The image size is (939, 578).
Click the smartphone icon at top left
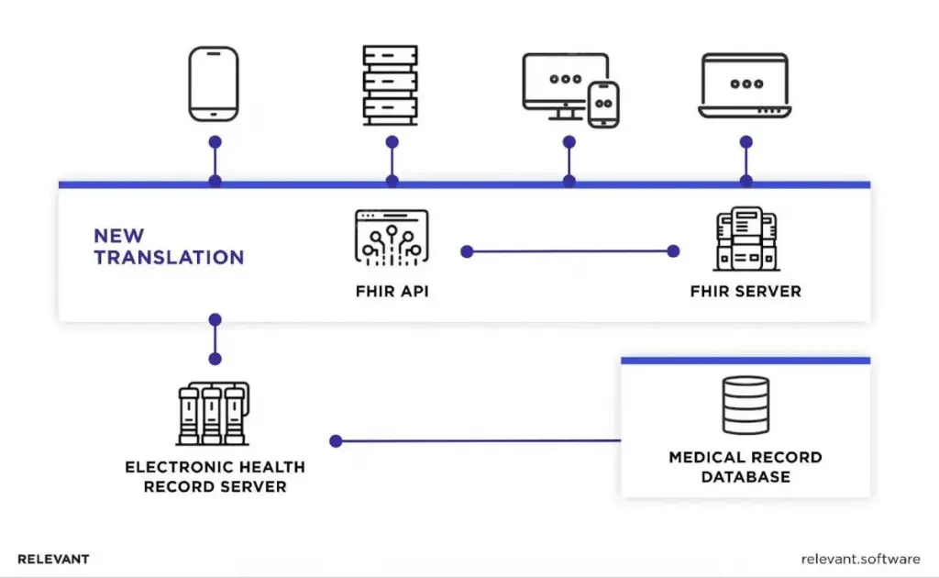tap(214, 84)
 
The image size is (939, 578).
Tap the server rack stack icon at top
tap(391, 84)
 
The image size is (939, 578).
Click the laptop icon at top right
tap(746, 85)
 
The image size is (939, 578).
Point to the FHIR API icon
tap(392, 238)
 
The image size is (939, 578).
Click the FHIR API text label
tap(392, 292)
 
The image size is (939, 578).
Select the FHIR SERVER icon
tap(746, 238)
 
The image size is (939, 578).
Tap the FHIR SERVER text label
tap(746, 292)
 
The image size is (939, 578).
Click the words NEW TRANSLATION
tap(169, 247)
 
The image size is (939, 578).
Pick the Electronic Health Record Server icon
tap(213, 413)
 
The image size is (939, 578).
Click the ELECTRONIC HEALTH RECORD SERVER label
tap(215, 476)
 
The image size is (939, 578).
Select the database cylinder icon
tap(746, 406)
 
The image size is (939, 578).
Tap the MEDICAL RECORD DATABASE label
tap(746, 467)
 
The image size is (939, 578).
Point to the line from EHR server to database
tap(477, 440)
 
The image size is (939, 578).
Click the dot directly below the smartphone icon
tap(215, 142)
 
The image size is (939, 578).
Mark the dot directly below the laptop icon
tap(746, 142)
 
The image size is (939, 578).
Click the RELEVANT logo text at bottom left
tap(53, 559)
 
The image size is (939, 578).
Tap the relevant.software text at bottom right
tap(860, 559)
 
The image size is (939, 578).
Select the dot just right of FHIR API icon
tap(467, 250)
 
